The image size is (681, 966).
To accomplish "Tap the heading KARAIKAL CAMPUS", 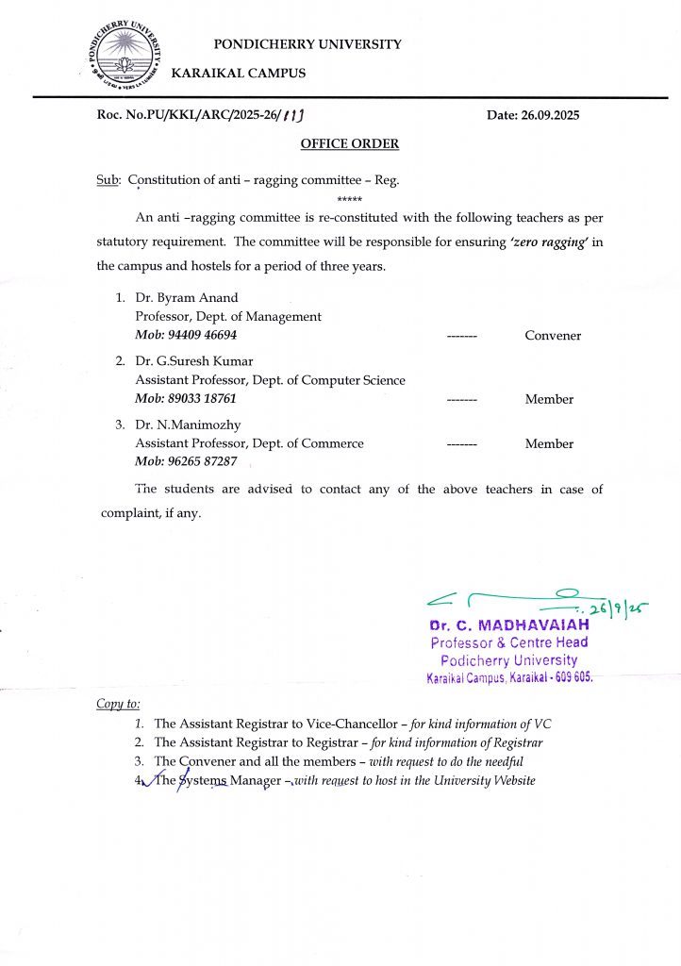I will click(238, 73).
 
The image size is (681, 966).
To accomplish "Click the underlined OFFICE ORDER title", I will click(349, 143).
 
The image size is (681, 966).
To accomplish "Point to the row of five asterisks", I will click(349, 200).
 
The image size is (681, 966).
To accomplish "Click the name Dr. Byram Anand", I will click(187, 298).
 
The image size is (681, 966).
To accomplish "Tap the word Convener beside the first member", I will click(553, 336).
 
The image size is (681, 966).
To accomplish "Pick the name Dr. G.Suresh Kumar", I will click(194, 361).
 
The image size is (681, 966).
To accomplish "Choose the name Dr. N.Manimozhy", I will click(189, 425).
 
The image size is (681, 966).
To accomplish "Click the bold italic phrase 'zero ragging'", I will click(549, 242).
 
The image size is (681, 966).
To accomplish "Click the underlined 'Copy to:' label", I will click(118, 704).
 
